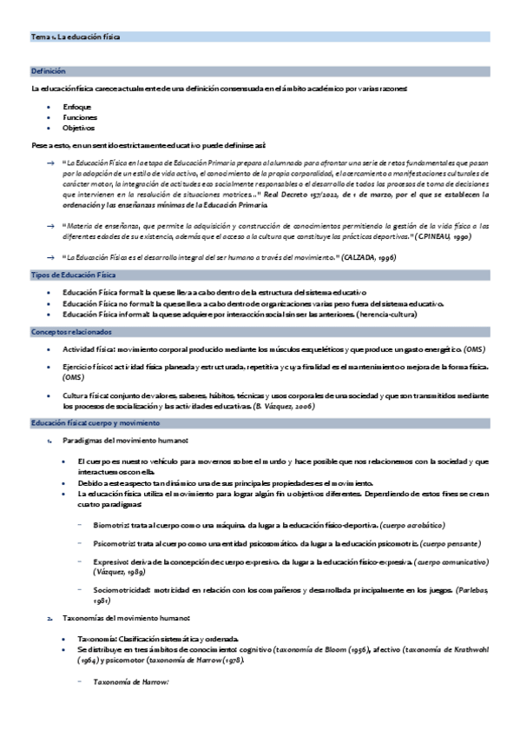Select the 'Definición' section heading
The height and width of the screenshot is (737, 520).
[49, 70]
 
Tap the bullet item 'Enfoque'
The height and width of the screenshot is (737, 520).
[76, 106]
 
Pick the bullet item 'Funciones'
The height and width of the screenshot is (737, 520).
[79, 116]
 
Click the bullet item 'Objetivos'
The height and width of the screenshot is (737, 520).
[78, 127]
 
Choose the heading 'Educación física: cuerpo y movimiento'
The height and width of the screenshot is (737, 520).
[95, 422]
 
